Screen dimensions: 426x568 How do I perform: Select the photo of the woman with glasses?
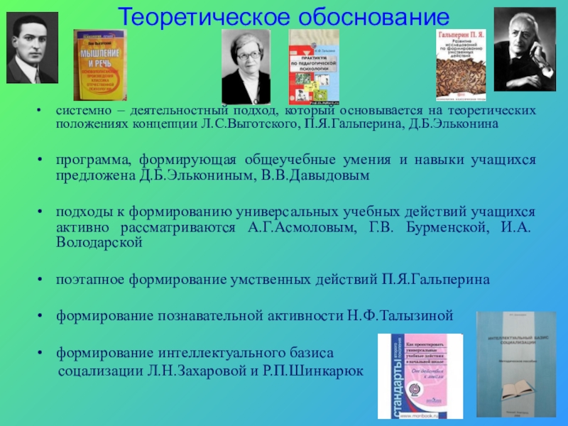point(246,67)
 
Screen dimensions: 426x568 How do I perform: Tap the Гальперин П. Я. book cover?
point(461,66)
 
